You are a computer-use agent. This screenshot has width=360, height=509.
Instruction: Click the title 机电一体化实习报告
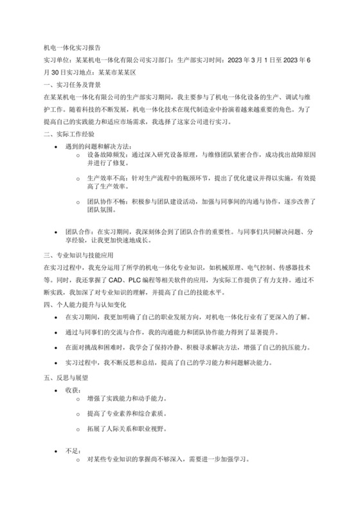click(x=71, y=48)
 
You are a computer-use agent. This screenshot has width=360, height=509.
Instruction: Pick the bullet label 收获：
click(x=73, y=390)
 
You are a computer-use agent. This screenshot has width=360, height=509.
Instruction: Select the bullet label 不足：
click(x=73, y=451)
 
